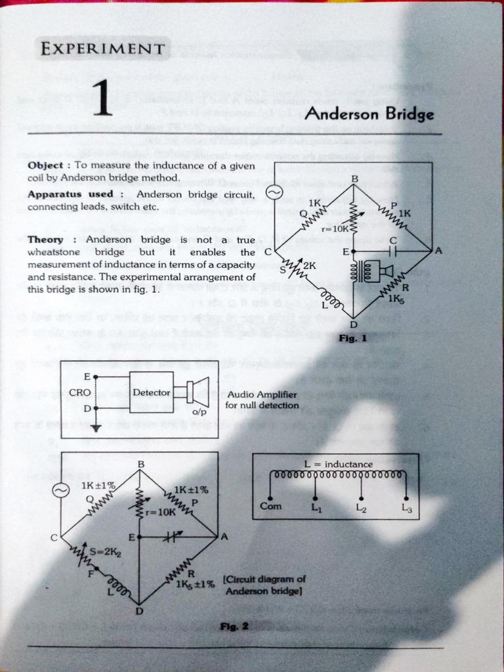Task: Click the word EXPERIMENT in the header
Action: [x=102, y=49]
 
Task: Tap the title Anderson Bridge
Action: [x=369, y=114]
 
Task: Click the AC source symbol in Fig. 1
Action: [x=274, y=192]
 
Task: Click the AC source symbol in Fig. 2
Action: [x=61, y=490]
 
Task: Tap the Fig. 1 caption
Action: [x=352, y=339]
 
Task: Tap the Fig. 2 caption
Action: [x=234, y=626]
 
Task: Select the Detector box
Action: [x=152, y=392]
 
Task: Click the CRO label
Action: [x=79, y=392]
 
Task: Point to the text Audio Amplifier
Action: [x=262, y=394]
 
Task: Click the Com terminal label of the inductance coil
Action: [x=270, y=506]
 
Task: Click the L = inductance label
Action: [x=339, y=464]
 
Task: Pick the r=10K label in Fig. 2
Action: [x=161, y=511]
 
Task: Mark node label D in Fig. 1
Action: [x=353, y=324]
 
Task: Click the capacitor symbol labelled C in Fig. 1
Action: [x=393, y=251]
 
